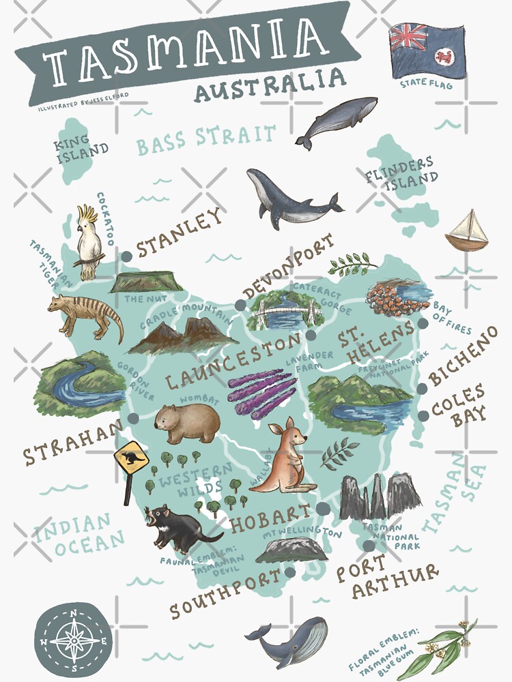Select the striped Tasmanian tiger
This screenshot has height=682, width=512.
tap(85, 314)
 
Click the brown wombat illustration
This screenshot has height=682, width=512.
tap(186, 423)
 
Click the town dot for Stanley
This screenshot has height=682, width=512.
tap(126, 257)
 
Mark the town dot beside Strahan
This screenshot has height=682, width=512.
tap(132, 418)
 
